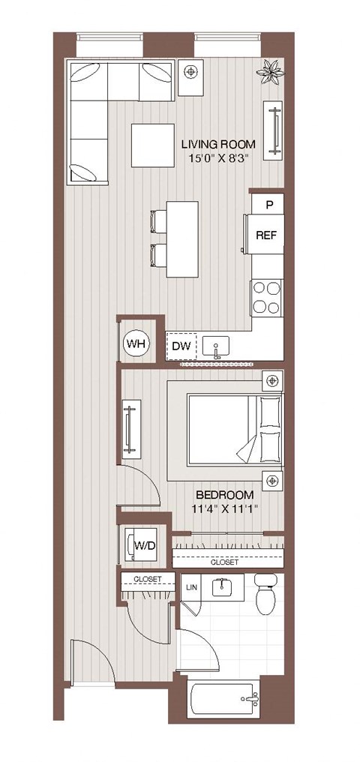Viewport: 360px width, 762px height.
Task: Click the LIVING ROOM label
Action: click(218, 144)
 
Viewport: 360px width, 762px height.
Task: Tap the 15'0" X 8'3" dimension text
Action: click(218, 157)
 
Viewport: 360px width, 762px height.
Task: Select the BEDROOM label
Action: click(224, 495)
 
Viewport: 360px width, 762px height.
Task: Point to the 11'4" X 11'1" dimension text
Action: click(224, 509)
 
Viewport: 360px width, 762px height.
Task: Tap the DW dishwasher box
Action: click(180, 346)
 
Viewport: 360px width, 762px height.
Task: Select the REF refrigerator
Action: click(266, 235)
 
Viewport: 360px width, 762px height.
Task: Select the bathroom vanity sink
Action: click(220, 587)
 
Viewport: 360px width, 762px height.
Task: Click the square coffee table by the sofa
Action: click(154, 145)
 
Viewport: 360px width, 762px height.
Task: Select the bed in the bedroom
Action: click(225, 430)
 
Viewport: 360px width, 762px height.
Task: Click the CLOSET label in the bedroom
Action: click(225, 562)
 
